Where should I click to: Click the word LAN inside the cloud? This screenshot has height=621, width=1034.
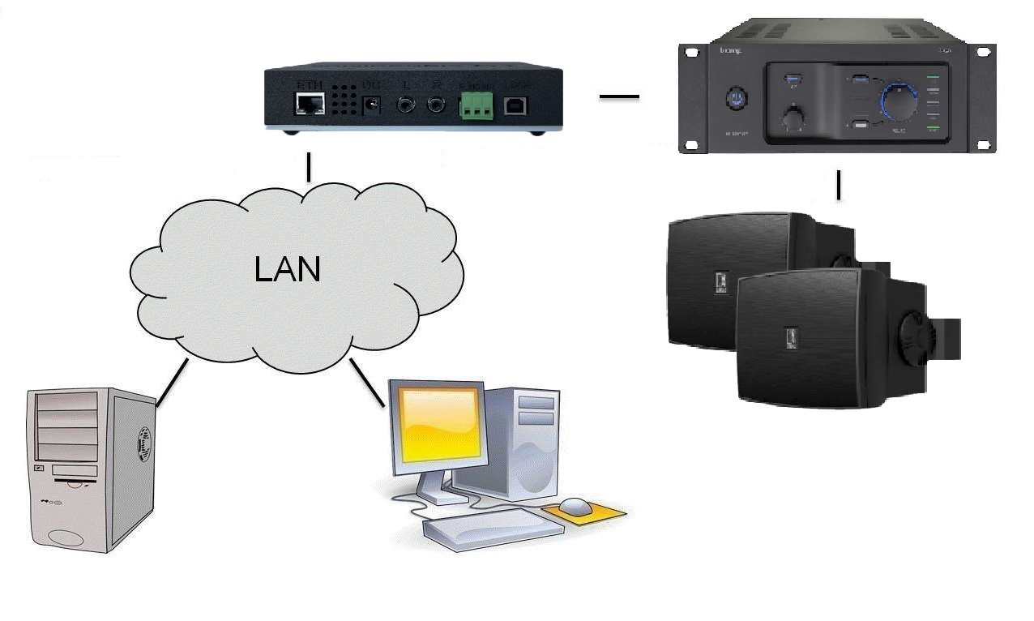[x=288, y=269]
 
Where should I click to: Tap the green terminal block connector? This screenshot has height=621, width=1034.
[x=477, y=105]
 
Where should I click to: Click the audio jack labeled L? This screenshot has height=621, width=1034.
[x=406, y=105]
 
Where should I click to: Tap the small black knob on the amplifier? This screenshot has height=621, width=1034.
[x=792, y=118]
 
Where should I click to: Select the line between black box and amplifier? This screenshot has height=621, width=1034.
[x=619, y=97]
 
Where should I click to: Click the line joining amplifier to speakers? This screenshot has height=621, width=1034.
[x=839, y=185]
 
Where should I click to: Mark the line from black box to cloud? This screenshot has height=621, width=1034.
[x=309, y=167]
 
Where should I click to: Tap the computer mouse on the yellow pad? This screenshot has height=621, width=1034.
[x=575, y=507]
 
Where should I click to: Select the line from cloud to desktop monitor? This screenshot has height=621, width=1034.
[x=367, y=383]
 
